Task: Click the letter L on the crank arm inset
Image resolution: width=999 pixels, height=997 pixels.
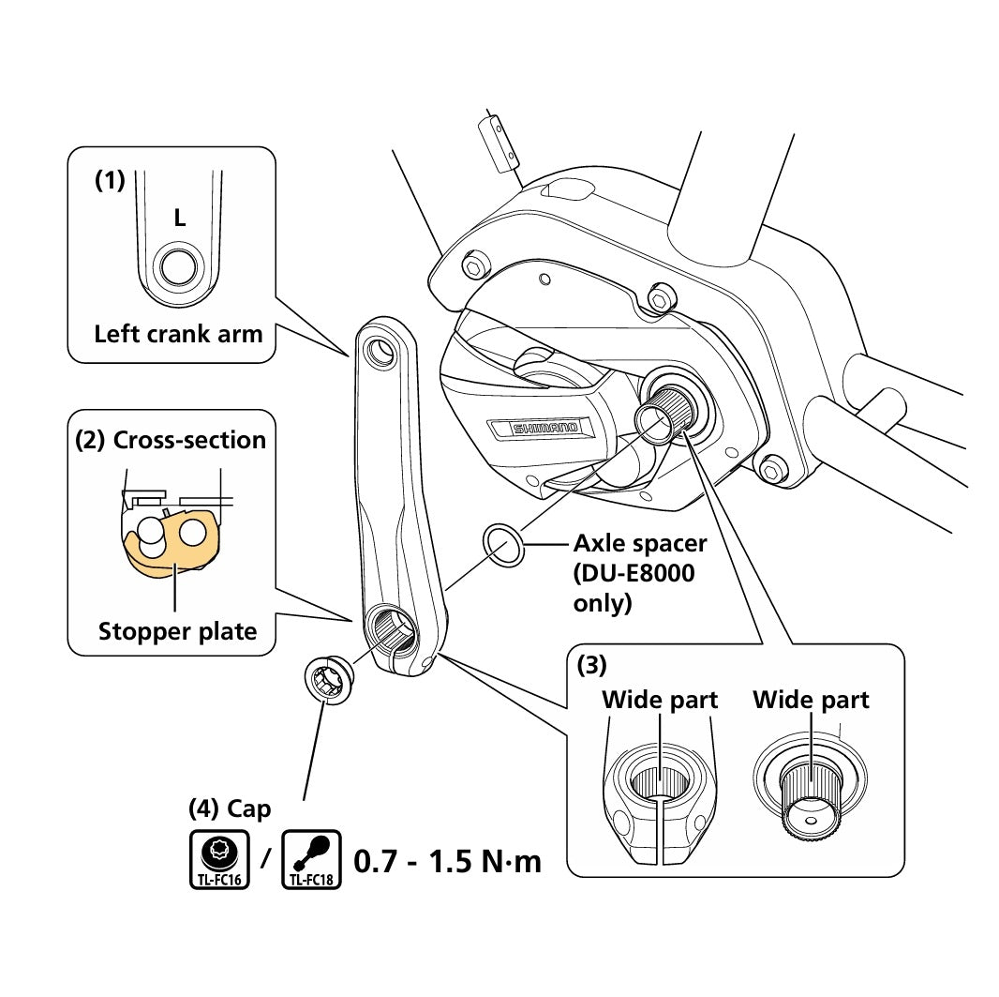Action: click(x=179, y=219)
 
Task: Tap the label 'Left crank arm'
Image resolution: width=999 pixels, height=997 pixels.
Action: click(x=178, y=333)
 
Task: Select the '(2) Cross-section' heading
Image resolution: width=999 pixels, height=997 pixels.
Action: click(x=171, y=440)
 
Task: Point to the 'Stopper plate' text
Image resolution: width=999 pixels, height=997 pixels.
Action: click(x=177, y=631)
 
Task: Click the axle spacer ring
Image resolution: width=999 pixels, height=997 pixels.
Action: click(x=502, y=546)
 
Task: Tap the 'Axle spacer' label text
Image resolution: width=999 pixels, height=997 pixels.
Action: click(x=640, y=543)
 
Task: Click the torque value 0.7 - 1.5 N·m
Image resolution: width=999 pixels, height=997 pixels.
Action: click(x=447, y=860)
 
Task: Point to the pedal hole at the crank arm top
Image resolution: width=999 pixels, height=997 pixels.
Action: click(x=381, y=352)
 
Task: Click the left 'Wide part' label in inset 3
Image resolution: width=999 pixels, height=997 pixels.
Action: click(x=660, y=700)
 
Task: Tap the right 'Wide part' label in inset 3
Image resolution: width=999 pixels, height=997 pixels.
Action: click(x=811, y=700)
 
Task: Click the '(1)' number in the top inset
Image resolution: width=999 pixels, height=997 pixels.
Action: click(x=110, y=182)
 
